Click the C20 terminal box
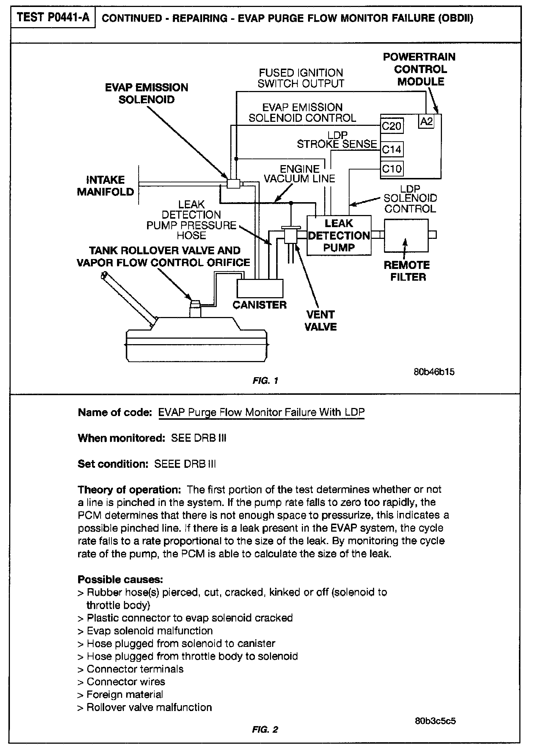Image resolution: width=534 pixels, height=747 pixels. (x=392, y=126)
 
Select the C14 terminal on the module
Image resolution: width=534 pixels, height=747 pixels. (x=392, y=149)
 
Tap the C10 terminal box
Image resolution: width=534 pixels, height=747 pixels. (x=392, y=169)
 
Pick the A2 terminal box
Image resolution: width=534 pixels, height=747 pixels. (x=426, y=121)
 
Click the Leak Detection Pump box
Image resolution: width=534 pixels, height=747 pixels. (x=339, y=235)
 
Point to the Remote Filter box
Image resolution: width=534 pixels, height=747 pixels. (x=406, y=235)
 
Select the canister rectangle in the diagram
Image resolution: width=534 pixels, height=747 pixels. (x=260, y=288)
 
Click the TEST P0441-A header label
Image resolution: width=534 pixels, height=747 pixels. (x=53, y=18)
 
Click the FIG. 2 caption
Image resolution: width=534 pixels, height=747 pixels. (x=265, y=730)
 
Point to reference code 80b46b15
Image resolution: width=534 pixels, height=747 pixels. (x=434, y=372)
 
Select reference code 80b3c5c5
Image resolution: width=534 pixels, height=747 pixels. (x=435, y=721)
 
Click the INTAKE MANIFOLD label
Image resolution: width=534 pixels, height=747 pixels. (x=106, y=186)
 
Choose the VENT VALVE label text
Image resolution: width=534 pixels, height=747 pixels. (x=321, y=320)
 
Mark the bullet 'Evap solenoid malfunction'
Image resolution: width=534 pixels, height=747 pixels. (x=149, y=631)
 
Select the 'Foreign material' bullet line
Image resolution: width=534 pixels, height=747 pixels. (x=124, y=694)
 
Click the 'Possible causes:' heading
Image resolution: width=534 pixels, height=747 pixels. (x=120, y=580)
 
